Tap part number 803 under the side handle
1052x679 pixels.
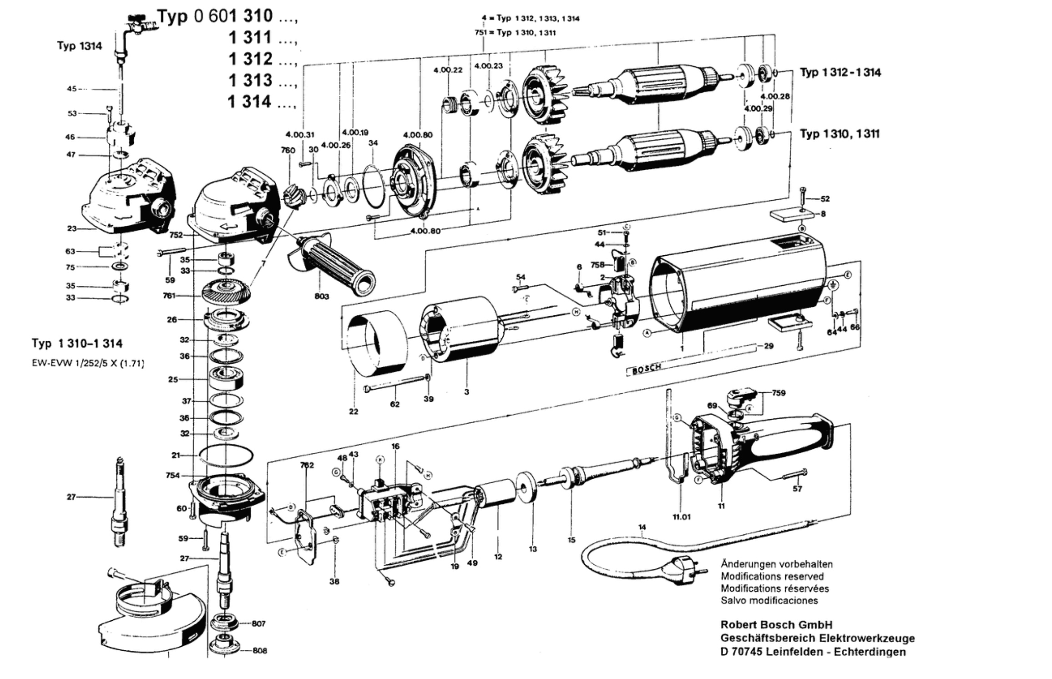point(322,297)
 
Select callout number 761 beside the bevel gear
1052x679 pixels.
point(169,296)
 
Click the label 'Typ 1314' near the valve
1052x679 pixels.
point(80,46)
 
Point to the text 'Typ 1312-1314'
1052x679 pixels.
point(840,72)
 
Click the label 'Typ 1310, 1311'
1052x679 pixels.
point(840,134)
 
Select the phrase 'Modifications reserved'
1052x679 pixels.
point(772,576)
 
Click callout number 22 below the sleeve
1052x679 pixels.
point(354,411)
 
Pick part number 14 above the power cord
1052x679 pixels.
point(642,527)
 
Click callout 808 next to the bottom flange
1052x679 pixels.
point(260,651)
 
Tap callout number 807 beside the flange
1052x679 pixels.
point(258,623)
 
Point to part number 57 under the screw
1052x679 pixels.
point(797,488)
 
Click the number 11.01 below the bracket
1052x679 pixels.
point(681,517)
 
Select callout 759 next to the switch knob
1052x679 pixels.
point(779,393)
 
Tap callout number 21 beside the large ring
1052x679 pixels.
point(176,455)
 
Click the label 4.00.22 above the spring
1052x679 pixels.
point(448,70)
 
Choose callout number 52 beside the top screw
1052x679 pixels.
point(825,199)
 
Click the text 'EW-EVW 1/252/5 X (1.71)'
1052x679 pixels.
point(88,364)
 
